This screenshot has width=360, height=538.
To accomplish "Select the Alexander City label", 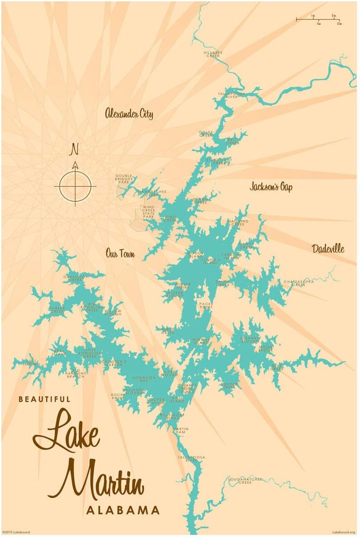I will (x=129, y=113).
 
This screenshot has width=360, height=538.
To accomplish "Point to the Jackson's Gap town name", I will (x=270, y=187).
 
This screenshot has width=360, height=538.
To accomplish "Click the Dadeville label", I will (x=328, y=249).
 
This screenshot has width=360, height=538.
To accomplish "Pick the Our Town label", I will (x=120, y=253).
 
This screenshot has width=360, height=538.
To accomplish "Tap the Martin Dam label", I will (x=180, y=431).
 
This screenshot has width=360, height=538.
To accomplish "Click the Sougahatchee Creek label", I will (x=245, y=481).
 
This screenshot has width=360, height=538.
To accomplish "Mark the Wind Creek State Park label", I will (x=148, y=211).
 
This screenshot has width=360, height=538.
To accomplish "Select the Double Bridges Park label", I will (x=124, y=179).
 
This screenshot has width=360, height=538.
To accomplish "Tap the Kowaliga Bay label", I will (x=140, y=379).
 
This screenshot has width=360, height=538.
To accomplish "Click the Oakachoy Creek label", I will (x=73, y=278).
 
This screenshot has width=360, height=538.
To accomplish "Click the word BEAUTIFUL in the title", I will (x=44, y=399).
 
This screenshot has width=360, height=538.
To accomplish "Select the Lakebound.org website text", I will (x=344, y=532).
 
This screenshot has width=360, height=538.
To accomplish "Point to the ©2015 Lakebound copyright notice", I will (x=16, y=532).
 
